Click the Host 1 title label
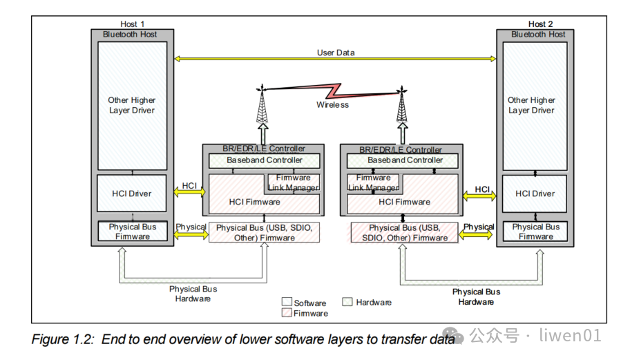[132, 24]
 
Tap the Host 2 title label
[541, 24]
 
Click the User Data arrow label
[336, 53]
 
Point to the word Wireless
[332, 105]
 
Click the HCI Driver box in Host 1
[131, 194]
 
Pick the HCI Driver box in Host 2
[535, 194]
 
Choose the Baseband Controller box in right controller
[405, 160]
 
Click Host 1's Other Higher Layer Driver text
[131, 105]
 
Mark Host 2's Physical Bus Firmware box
[535, 231]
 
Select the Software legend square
[287, 302]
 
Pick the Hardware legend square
[348, 302]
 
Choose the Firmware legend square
[287, 313]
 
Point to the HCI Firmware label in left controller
[254, 202]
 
